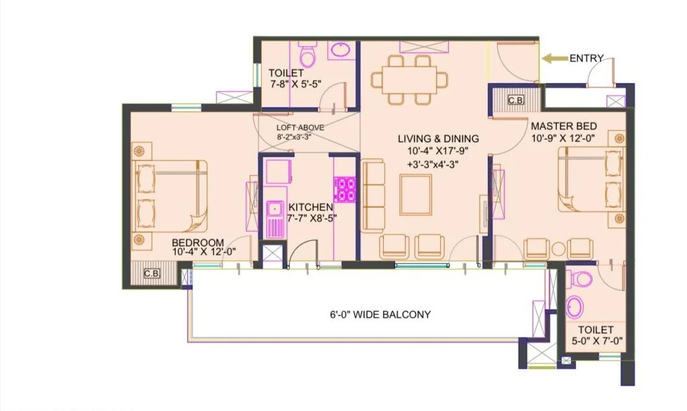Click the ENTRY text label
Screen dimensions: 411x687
(586, 58)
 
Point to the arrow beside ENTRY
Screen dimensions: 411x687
(553, 58)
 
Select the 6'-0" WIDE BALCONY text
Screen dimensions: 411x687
(380, 314)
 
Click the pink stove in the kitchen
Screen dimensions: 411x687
(345, 189)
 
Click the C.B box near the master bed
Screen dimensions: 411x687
(515, 100)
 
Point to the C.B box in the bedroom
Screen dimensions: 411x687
(152, 273)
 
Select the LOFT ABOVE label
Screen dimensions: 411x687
(301, 128)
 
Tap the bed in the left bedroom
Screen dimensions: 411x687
(172, 194)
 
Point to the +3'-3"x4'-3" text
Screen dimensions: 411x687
(437, 164)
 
